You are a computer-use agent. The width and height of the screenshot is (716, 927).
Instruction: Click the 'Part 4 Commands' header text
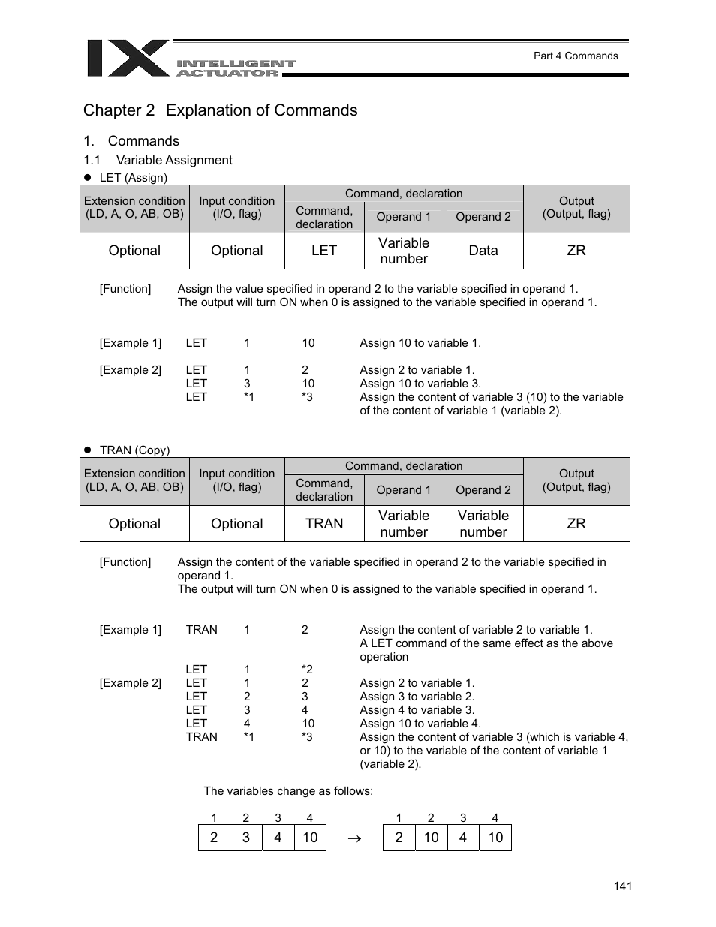click(x=575, y=56)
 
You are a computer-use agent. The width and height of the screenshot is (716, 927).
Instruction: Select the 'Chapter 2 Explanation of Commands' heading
click(x=220, y=110)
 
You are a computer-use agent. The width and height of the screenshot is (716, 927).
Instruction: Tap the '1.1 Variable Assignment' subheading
click(x=158, y=160)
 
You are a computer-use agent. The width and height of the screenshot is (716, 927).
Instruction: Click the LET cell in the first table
click(x=324, y=251)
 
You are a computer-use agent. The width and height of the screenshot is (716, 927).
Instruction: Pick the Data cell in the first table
click(x=483, y=251)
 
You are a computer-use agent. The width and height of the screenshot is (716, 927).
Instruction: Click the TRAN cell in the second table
click(x=324, y=524)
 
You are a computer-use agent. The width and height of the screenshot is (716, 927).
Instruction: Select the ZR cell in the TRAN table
click(x=576, y=524)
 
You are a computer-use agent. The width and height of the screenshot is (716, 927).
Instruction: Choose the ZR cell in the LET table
click(x=576, y=251)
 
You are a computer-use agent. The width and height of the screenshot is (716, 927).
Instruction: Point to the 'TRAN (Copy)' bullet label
click(x=134, y=450)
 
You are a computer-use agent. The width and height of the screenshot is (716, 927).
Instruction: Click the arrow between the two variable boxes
click(x=355, y=838)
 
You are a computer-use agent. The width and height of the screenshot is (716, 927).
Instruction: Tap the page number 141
click(x=622, y=886)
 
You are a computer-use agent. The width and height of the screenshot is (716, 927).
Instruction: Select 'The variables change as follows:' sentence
click(x=288, y=791)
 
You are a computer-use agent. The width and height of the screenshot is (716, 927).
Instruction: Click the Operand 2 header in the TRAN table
click(x=483, y=490)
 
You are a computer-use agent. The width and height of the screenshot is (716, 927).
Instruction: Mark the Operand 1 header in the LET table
click(x=404, y=217)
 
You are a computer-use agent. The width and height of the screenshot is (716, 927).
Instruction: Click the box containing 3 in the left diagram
click(x=246, y=838)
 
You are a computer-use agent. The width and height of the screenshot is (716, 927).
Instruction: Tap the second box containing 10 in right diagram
click(x=495, y=838)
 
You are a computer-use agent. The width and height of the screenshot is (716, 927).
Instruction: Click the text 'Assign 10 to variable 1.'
click(x=420, y=343)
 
